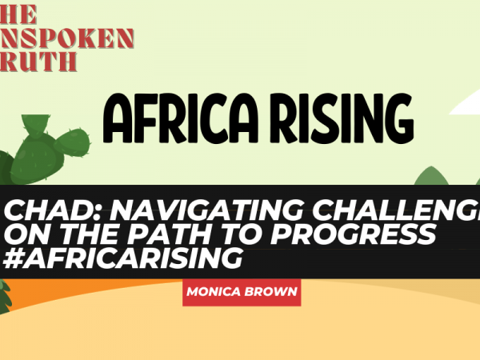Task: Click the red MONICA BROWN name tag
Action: coord(241,292)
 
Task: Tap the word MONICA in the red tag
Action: coord(212,293)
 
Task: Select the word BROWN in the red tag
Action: coord(272,293)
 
